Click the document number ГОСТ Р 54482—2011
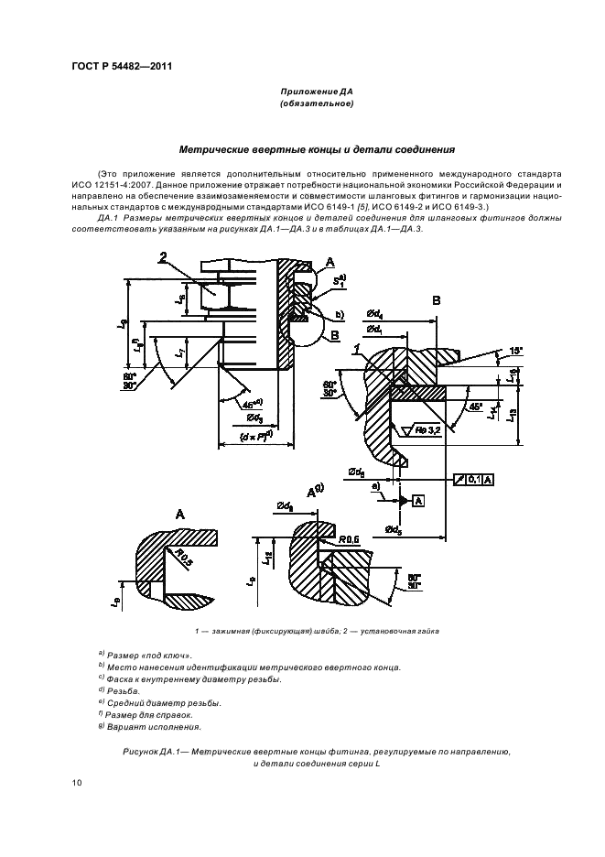pos(121,65)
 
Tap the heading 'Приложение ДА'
pos(316,92)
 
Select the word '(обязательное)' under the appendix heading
pos(316,104)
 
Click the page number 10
pos(77,782)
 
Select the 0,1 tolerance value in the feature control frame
pos(474,478)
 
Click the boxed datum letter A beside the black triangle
pos(418,500)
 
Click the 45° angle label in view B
pos(474,407)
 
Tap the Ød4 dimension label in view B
pos(374,316)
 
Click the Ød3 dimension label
pos(256,418)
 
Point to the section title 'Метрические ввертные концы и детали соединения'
pos(316,149)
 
